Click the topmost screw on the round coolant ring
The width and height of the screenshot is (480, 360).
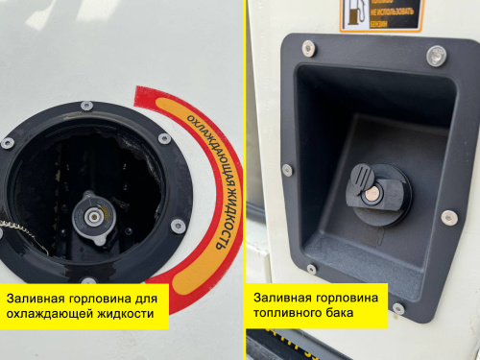tap(86, 105)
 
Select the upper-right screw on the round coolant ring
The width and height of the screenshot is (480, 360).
tap(164, 138)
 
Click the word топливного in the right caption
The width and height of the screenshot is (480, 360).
tap(288, 314)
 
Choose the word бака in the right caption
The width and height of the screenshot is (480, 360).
tap(342, 314)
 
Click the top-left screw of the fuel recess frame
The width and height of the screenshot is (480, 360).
tap(308, 46)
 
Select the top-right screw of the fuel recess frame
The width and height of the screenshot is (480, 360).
tap(434, 60)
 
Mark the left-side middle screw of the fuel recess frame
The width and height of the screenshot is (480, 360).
tap(286, 170)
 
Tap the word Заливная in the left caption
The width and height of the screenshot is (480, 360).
tap(35, 298)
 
